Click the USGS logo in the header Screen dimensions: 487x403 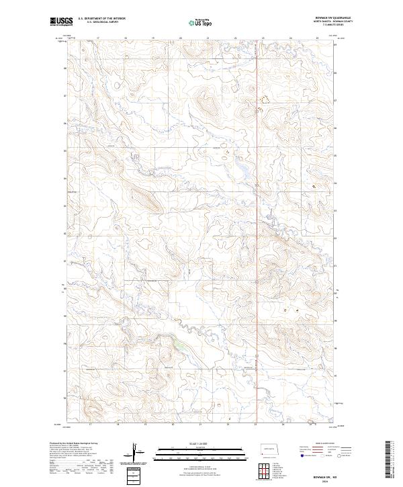60,21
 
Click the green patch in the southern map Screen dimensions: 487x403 179,346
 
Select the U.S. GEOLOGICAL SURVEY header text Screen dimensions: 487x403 98,23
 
